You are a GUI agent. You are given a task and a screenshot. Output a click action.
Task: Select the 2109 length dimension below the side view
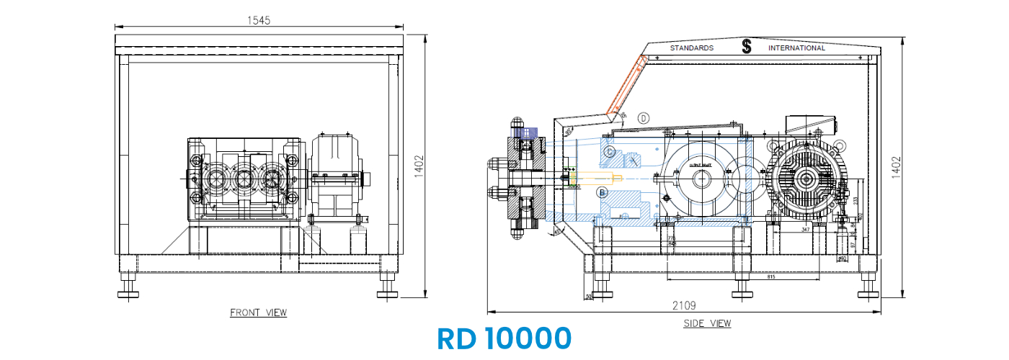tap(684, 305)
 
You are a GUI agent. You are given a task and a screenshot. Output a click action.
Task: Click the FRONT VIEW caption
tap(258, 312)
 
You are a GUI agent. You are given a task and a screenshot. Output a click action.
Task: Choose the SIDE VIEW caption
tap(707, 323)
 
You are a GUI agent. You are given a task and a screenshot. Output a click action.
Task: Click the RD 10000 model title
tap(504, 338)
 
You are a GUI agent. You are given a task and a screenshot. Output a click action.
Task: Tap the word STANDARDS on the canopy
tap(691, 48)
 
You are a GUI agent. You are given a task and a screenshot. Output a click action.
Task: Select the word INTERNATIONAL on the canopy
tap(796, 48)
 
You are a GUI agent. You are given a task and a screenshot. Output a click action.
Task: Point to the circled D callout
tap(644, 117)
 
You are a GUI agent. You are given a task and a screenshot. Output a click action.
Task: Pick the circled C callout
tap(610, 152)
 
